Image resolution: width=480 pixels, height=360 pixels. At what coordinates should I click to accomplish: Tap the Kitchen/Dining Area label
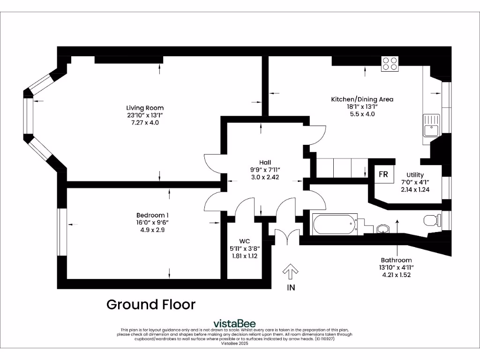[362, 99]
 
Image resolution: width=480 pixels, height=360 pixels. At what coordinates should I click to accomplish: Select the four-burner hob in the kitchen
[390, 64]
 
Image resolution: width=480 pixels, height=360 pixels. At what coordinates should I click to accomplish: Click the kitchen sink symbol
[431, 125]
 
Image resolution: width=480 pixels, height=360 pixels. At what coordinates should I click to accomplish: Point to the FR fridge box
[383, 174]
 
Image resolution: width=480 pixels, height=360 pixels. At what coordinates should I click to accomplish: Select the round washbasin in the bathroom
[383, 229]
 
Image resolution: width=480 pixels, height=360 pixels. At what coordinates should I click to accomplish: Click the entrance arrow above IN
[291, 271]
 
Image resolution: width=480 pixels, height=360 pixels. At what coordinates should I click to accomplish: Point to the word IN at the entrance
[291, 287]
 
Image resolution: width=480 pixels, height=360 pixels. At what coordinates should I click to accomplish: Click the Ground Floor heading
[151, 305]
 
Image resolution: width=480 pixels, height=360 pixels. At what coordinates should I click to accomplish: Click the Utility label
[415, 175]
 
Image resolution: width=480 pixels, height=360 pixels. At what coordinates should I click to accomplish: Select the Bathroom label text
[396, 260]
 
